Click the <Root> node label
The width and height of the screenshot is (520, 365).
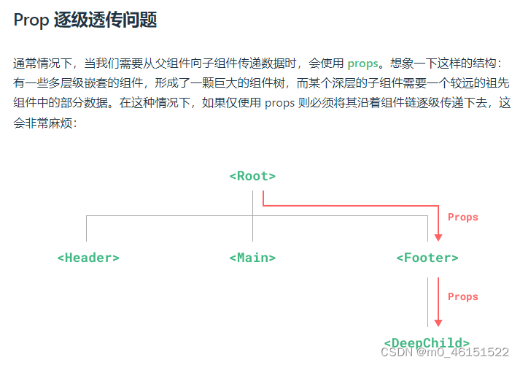tap(252, 176)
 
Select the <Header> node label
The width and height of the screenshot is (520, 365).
tap(88, 258)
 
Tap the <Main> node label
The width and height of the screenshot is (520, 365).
tap(252, 258)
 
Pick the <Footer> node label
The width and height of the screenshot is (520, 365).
tap(427, 258)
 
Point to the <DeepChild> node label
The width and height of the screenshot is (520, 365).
tap(427, 342)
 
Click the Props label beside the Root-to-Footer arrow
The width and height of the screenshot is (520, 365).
tap(463, 217)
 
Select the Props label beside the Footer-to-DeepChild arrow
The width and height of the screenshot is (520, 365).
tap(463, 297)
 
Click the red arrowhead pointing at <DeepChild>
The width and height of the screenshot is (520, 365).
tap(438, 322)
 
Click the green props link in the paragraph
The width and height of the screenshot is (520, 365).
tap(362, 64)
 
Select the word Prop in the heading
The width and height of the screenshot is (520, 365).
tap(31, 20)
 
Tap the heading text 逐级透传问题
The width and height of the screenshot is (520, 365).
tap(105, 20)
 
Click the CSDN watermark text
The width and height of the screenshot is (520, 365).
tap(398, 353)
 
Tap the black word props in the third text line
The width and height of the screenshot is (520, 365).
tap(279, 103)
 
